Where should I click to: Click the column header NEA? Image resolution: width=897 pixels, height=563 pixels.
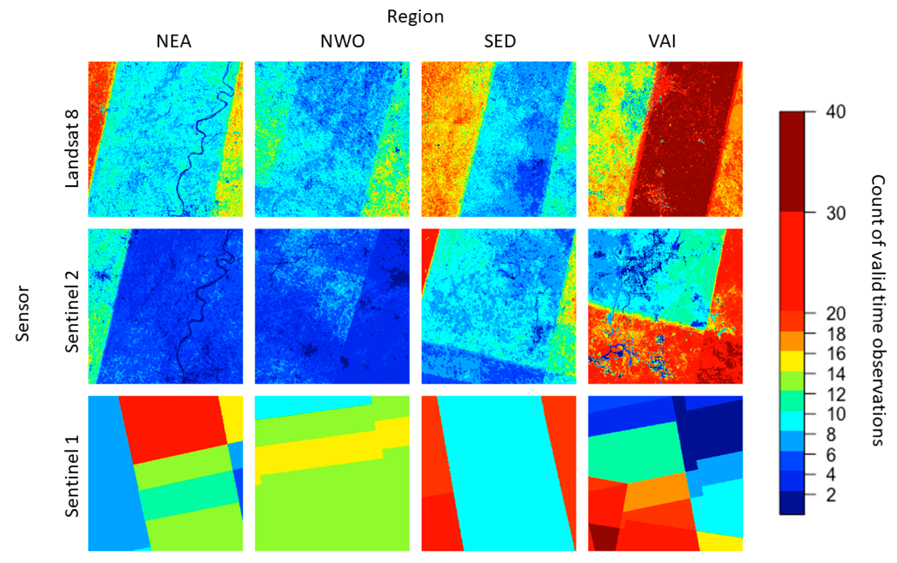coord(174,41)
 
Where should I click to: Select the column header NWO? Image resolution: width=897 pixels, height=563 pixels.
coord(342,41)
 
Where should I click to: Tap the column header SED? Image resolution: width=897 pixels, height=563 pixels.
coord(500,41)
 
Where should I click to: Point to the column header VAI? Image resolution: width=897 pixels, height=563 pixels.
coord(662,41)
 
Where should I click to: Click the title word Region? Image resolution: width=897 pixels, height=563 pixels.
coord(415,17)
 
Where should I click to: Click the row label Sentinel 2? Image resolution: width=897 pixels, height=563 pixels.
coord(72,311)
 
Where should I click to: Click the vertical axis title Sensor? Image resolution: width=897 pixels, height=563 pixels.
coord(22,313)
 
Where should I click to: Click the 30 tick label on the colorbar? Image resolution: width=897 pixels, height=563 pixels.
coord(836,213)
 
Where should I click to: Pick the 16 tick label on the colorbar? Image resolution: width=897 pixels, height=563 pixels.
coord(836,354)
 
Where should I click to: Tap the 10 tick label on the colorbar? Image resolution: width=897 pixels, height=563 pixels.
coord(836,414)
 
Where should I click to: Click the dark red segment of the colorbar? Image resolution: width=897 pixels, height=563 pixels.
coord(792,162)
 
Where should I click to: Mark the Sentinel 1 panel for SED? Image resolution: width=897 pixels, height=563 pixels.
coord(499,473)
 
